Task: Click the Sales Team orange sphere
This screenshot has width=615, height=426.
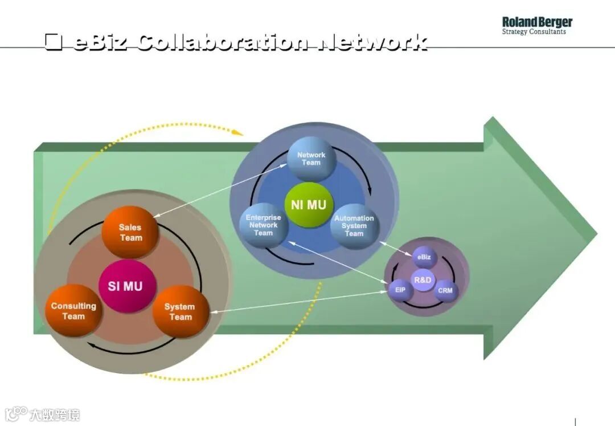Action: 130,232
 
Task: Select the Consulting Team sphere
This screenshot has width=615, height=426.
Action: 73,311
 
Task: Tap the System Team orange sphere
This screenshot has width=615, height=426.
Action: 181,311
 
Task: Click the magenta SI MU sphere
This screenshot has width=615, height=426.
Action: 125,286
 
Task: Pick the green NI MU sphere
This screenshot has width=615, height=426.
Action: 308,205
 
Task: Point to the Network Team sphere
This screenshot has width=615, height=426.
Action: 311,159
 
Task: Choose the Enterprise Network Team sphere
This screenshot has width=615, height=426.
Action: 264,225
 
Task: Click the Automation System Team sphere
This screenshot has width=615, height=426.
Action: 354,226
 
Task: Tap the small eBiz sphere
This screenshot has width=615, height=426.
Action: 424,257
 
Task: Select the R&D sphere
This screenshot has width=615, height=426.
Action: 423,280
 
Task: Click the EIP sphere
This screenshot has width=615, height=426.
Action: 400,290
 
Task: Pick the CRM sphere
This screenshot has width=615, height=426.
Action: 445,290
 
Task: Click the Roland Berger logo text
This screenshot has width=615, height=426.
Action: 536,22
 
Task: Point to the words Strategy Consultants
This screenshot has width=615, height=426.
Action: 534,32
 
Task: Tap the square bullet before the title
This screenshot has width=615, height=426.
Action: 54,43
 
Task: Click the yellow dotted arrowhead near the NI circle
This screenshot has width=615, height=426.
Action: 238,133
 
